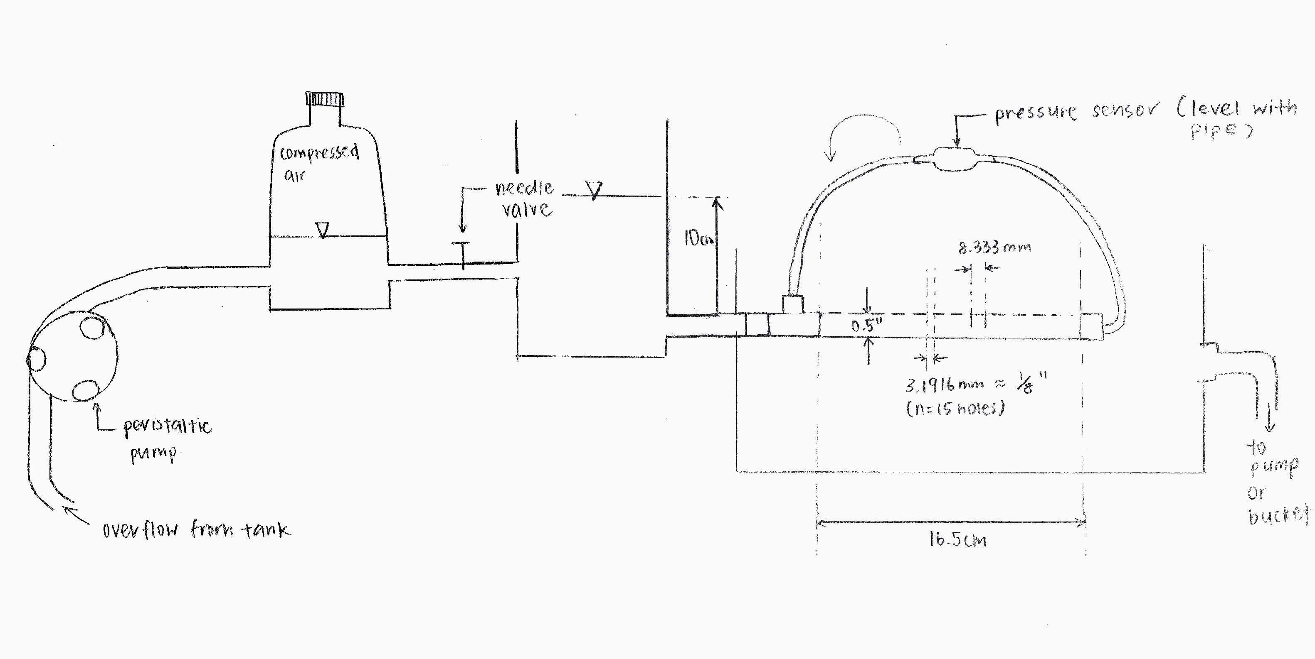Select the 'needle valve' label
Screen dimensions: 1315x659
(x=525, y=199)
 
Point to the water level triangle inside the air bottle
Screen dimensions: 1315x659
(x=322, y=230)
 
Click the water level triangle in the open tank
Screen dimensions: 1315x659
(x=593, y=190)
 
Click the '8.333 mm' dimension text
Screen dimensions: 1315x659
(x=994, y=247)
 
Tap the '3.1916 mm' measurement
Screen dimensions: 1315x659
(x=945, y=385)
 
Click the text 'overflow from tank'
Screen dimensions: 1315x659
(x=197, y=529)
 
